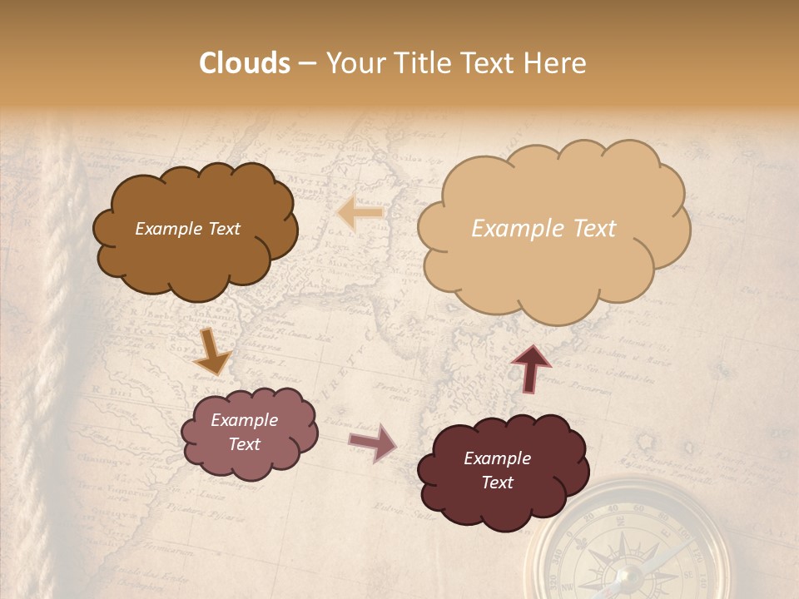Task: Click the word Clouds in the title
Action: click(245, 63)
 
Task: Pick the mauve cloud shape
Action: click(249, 433)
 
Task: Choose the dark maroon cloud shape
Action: click(503, 470)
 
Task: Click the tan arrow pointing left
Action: click(360, 213)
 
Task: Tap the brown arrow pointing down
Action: click(213, 353)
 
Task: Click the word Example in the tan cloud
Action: click(511, 229)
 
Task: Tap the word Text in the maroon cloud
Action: click(497, 483)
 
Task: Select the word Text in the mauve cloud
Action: click(244, 444)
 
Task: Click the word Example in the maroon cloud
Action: click(497, 458)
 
